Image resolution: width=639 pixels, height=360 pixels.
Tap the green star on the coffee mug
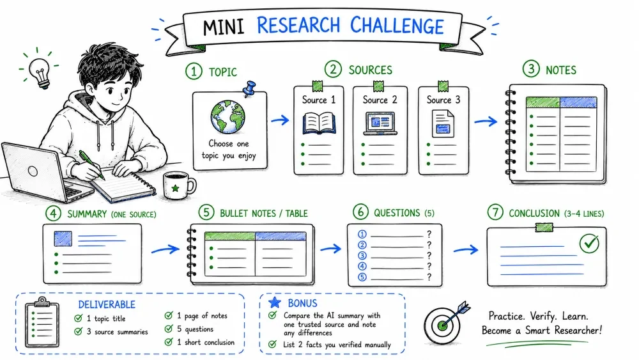coord(175,188)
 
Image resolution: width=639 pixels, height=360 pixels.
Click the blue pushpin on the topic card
coord(249,88)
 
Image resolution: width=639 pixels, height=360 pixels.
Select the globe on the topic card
coord(228,117)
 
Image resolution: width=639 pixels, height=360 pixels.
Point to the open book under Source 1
coord(319,123)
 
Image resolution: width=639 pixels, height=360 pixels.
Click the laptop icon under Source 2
coord(380,123)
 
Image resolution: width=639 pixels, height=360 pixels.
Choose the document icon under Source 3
coord(443,124)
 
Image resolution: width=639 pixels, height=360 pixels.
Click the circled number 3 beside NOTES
coord(531,69)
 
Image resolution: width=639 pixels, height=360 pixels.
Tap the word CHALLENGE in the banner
coord(397,26)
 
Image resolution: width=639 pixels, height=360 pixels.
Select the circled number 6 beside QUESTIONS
coord(360,212)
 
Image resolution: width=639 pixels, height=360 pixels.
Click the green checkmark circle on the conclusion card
coord(589,244)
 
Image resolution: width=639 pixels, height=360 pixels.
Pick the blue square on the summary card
coord(63,239)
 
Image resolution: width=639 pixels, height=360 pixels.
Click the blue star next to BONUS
coord(275,302)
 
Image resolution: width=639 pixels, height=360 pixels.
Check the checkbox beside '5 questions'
coord(169,329)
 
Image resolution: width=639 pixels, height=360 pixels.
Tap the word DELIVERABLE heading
coord(107,304)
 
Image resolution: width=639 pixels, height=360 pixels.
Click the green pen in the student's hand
coord(91,165)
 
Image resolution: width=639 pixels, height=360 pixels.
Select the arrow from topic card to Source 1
coord(280,120)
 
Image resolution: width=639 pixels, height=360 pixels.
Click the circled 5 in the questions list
coord(362,278)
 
